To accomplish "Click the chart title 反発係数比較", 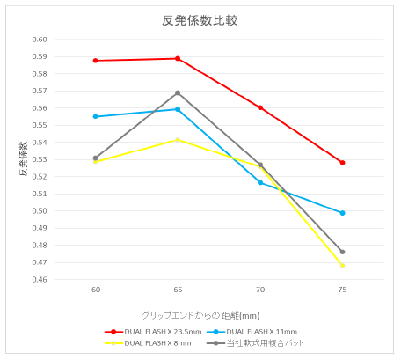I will coord(200,19).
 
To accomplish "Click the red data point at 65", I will coord(178,59).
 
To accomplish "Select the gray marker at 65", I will coord(178,92).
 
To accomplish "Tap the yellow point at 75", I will coord(342,265).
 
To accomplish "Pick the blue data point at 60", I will coord(95,116).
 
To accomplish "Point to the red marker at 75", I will coord(342,163).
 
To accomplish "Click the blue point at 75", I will coord(342,213).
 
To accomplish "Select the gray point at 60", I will coord(95,158).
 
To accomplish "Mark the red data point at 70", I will coord(260,107).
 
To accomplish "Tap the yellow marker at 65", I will coord(178,140).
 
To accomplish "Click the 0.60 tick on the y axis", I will coord(40,40).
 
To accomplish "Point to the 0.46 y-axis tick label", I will coord(40,279).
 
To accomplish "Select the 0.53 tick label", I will coord(40,159).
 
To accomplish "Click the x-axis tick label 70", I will coord(260,289).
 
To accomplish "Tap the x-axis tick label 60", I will coord(95,289).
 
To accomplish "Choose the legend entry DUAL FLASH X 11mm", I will coord(262,332).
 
